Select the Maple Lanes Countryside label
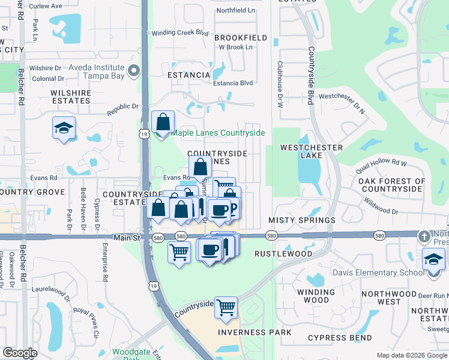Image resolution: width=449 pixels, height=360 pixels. click(218, 133)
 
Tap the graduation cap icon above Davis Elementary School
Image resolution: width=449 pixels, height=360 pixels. click(433, 260)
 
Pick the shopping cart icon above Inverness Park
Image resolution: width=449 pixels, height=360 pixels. click(226, 308)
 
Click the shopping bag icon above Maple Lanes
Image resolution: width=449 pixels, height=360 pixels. click(163, 122)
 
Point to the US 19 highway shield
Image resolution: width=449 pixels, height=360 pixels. click(144, 135)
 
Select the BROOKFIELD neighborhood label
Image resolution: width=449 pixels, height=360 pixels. click(240, 38)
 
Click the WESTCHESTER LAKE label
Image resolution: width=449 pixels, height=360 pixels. click(312, 151)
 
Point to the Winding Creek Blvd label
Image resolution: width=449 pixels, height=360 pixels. click(179, 33)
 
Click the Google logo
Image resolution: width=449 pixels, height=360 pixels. click(20, 353)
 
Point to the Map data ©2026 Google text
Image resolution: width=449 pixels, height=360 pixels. click(411, 355)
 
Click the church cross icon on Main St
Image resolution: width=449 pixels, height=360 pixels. click(425, 236)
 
